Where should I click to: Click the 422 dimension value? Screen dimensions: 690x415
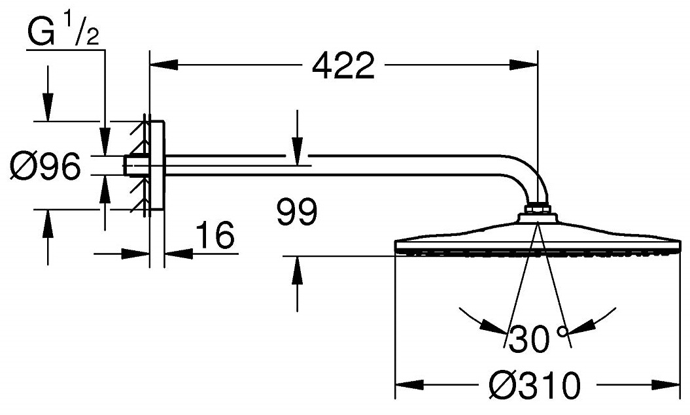click(x=343, y=65)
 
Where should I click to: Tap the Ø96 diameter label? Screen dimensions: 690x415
click(x=46, y=166)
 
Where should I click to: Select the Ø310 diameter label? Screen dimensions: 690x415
click(x=534, y=386)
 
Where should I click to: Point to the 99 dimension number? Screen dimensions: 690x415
click(x=297, y=212)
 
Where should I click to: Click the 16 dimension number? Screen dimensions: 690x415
click(x=215, y=235)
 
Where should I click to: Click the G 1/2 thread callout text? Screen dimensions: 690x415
click(x=63, y=31)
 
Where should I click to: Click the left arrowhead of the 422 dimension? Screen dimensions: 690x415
click(x=164, y=65)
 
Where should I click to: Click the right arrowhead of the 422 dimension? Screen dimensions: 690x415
click(x=524, y=65)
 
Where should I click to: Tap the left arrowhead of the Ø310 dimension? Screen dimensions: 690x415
click(x=409, y=386)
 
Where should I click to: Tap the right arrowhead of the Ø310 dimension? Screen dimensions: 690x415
click(x=667, y=386)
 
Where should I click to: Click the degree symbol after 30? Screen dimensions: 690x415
click(x=563, y=331)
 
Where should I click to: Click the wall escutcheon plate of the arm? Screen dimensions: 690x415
click(x=157, y=165)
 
